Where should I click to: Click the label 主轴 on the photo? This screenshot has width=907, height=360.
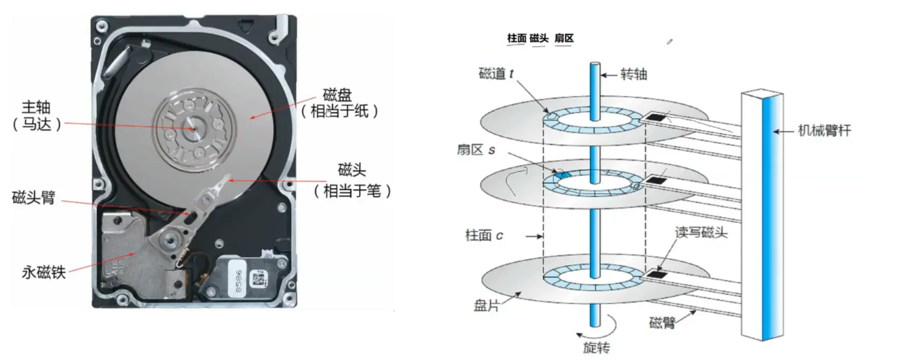pyautogui.click(x=36, y=107)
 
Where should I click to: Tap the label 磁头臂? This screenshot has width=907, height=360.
pyautogui.click(x=34, y=197)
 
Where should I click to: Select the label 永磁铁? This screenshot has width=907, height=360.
pyautogui.click(x=43, y=272)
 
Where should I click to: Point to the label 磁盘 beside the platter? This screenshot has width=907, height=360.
pyautogui.click(x=337, y=95)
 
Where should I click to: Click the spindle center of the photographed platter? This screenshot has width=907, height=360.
pyautogui.click(x=193, y=129)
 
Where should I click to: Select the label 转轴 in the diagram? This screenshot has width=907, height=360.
pyautogui.click(x=634, y=75)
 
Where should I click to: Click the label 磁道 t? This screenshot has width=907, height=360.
pyautogui.click(x=496, y=74)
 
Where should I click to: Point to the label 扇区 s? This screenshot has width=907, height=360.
pyautogui.click(x=476, y=150)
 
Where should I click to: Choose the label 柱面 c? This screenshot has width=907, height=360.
pyautogui.click(x=484, y=236)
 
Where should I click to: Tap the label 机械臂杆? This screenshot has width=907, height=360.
pyautogui.click(x=824, y=130)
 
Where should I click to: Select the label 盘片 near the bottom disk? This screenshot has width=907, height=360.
pyautogui.click(x=487, y=306)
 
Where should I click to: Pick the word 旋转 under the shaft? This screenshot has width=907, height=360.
pyautogui.click(x=596, y=348)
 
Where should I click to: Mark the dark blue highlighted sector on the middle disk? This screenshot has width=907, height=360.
pyautogui.click(x=563, y=175)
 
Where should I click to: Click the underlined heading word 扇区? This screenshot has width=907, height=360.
pyautogui.click(x=564, y=39)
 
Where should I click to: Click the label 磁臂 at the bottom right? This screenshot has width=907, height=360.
pyautogui.click(x=662, y=323)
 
